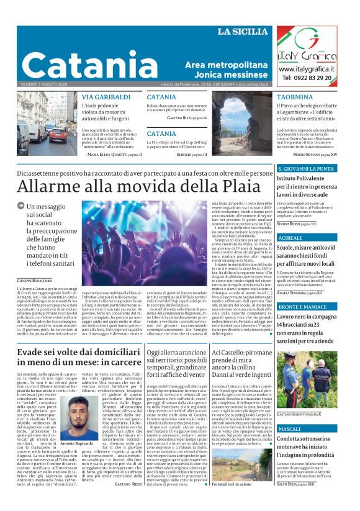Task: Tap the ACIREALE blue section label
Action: (x=290, y=238)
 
